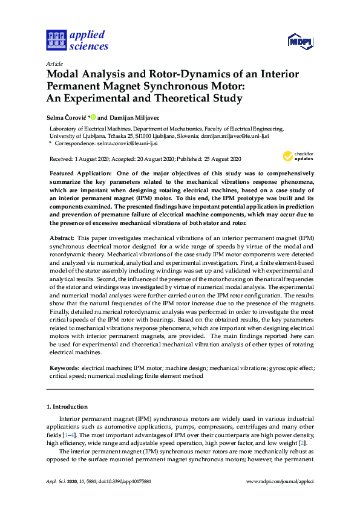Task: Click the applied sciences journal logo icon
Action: pos(55,41)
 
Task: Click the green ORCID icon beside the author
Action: pos(94,117)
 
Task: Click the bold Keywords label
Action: pos(64,368)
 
